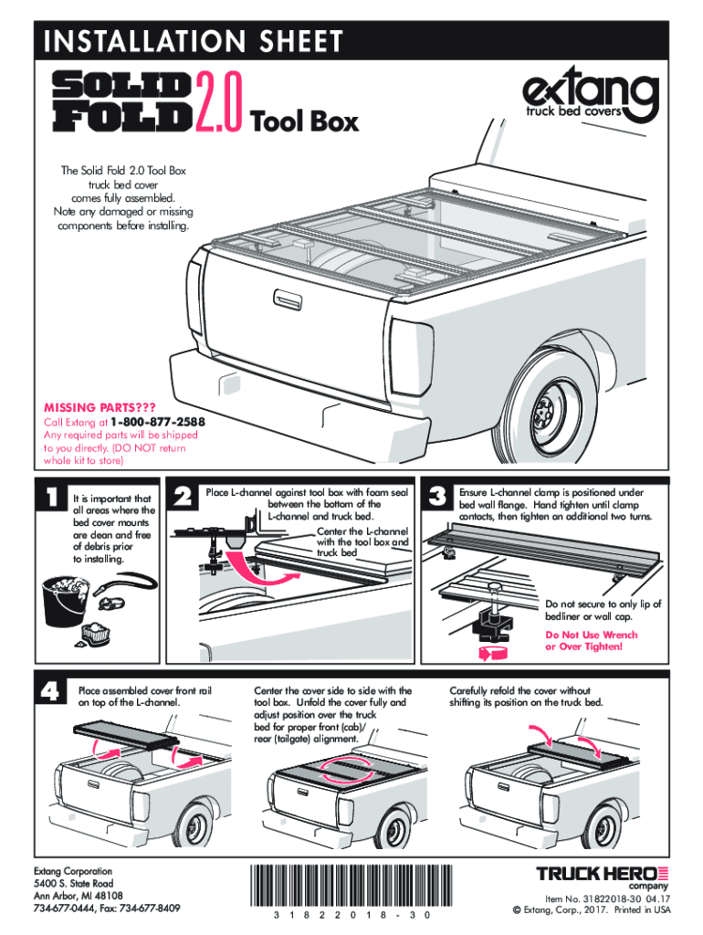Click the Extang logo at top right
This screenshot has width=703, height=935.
(x=589, y=96)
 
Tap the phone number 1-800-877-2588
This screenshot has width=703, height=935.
(x=157, y=423)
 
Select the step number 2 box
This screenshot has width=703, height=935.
(x=184, y=497)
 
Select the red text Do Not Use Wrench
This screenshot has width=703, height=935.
(x=591, y=635)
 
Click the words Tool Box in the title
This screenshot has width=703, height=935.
(x=304, y=121)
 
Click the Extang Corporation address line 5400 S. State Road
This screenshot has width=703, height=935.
(x=73, y=884)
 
